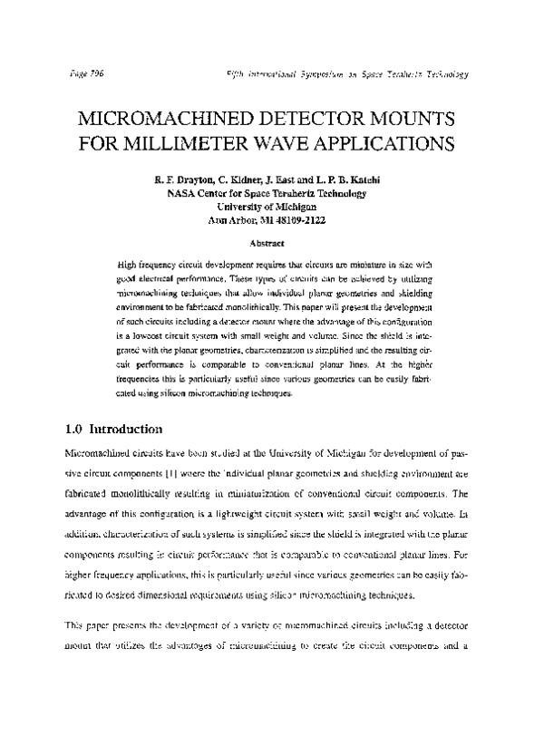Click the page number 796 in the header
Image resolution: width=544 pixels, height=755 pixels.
point(95,73)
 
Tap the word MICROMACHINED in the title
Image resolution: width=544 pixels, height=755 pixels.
point(166,120)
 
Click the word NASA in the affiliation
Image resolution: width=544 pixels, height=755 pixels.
point(183,193)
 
